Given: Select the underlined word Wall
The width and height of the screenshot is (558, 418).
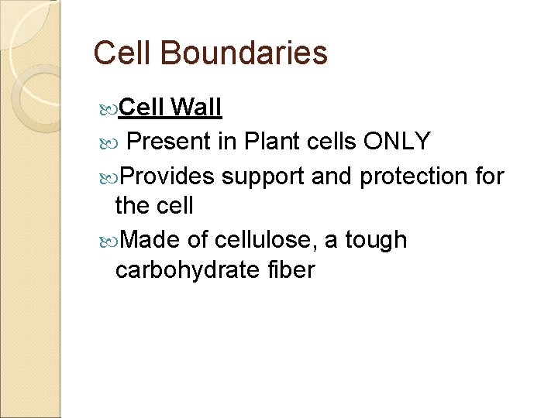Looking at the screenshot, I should tap(196, 108).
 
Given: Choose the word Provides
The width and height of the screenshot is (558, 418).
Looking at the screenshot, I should tap(167, 176).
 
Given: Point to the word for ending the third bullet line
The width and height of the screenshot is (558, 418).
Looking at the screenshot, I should tap(490, 176).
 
